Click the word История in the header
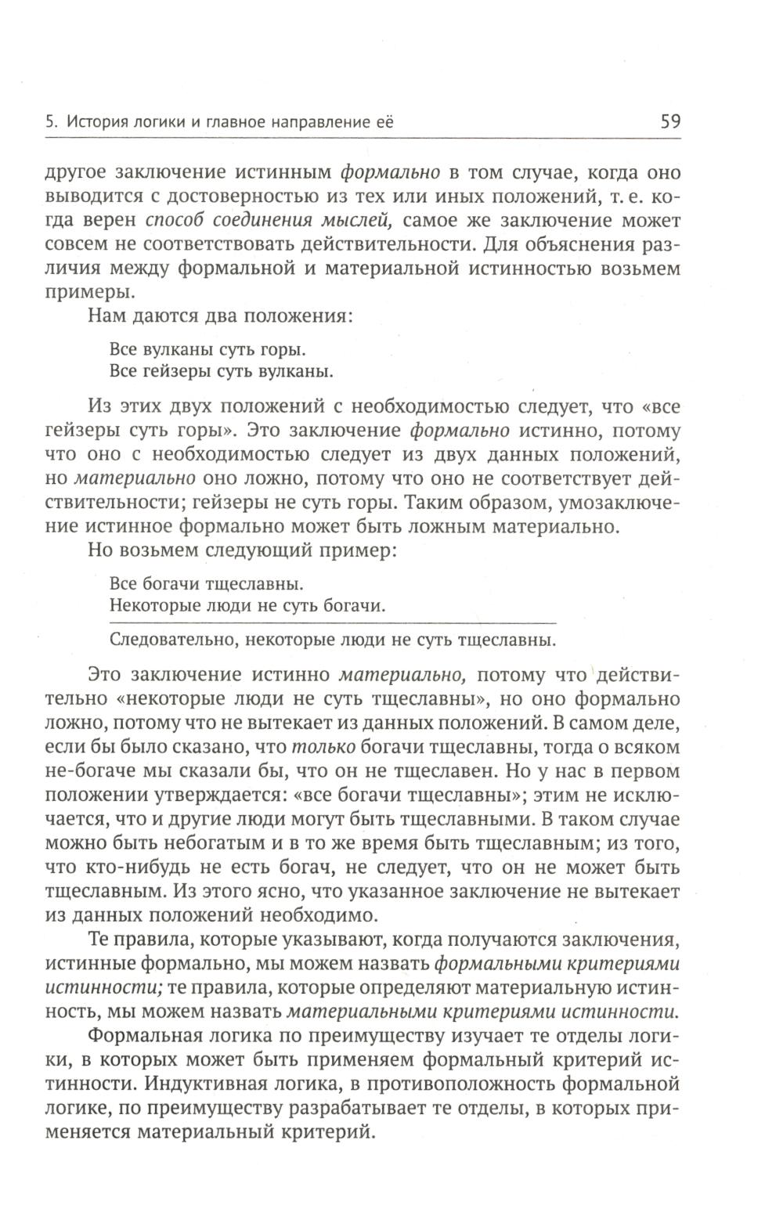click(96, 122)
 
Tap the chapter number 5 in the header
click(51, 122)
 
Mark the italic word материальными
click(359, 1010)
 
